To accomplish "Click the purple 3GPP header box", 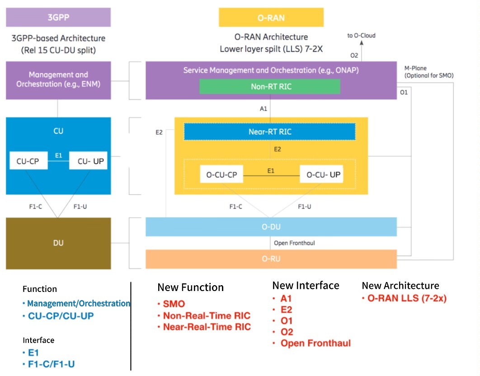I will (x=58, y=18).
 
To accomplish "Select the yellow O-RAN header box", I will (x=271, y=18).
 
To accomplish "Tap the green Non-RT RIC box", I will (x=270, y=87).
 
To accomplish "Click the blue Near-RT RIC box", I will (x=270, y=132).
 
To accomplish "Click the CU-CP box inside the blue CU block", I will (x=28, y=161).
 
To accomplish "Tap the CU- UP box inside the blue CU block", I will (x=88, y=161).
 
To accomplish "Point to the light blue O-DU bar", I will (x=271, y=227).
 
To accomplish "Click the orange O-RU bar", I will (x=271, y=259).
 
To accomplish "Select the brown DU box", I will (x=58, y=243).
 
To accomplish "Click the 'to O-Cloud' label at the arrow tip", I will (x=361, y=36).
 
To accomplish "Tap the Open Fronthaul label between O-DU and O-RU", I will (x=294, y=243).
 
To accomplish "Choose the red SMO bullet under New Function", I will (x=174, y=304).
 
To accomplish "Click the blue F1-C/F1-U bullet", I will (x=51, y=364).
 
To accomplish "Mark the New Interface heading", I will (x=306, y=286).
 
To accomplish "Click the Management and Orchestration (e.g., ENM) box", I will (x=58, y=80).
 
